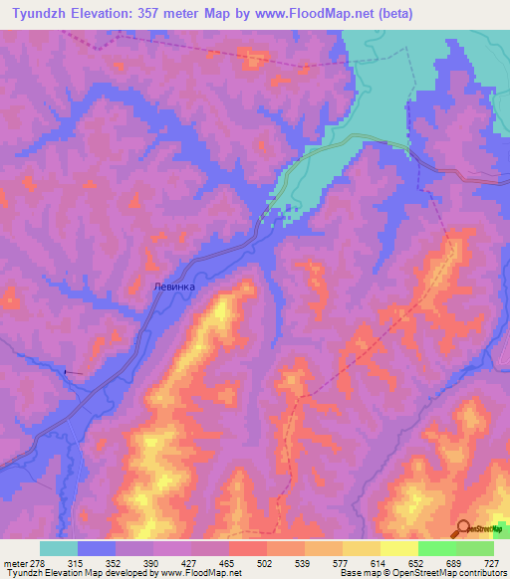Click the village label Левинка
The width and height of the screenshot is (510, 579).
(x=175, y=286)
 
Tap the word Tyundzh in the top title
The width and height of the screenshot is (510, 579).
(x=40, y=14)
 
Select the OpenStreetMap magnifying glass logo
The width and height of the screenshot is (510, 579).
(x=463, y=527)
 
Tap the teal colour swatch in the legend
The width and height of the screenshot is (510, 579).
(x=59, y=548)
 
